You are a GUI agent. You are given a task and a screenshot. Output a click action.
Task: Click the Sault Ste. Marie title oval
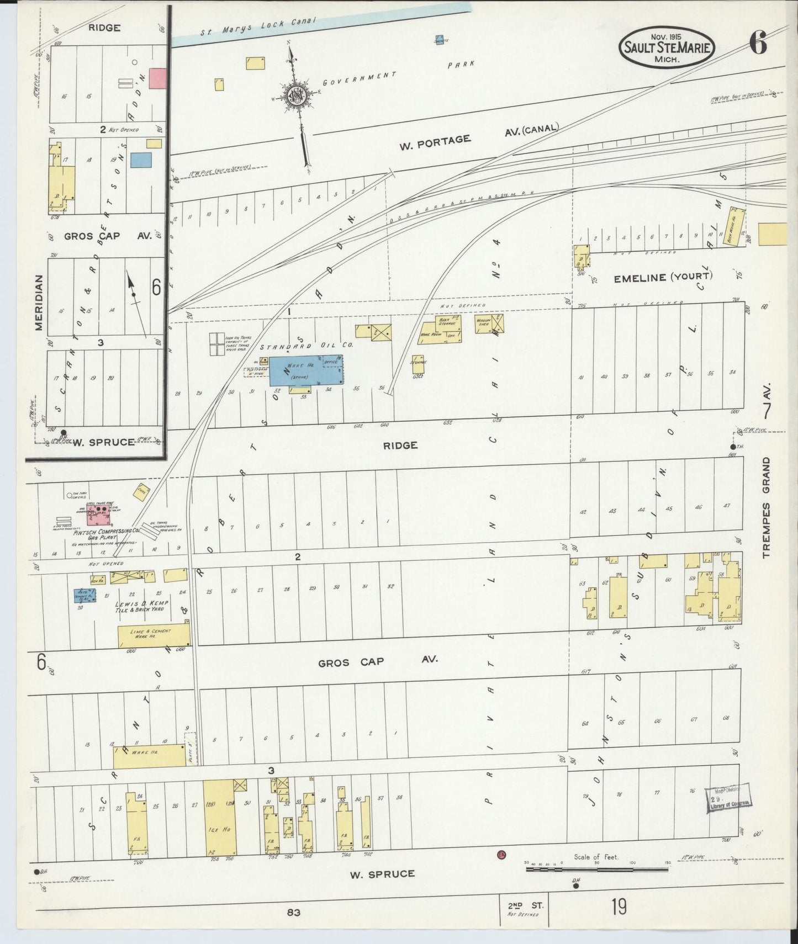click(x=667, y=47)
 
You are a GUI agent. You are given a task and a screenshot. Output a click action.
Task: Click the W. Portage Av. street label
click(x=435, y=142)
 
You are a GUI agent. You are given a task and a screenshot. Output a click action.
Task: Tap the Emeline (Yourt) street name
click(x=663, y=278)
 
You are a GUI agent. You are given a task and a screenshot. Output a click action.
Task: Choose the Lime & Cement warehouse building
click(x=154, y=636)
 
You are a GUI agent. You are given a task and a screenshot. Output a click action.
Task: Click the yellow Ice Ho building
click(x=220, y=818)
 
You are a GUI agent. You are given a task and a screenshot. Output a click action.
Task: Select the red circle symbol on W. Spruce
click(x=501, y=855)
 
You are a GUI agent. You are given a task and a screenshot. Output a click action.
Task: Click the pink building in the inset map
click(x=158, y=78)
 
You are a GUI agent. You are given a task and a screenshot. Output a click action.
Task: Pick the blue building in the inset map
click(x=141, y=160)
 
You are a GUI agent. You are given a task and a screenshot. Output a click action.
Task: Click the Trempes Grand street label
click(x=766, y=507)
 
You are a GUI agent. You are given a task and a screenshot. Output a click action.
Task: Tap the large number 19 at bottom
click(x=619, y=907)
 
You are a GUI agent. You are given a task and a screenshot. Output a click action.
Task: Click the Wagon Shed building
click(x=489, y=323)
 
